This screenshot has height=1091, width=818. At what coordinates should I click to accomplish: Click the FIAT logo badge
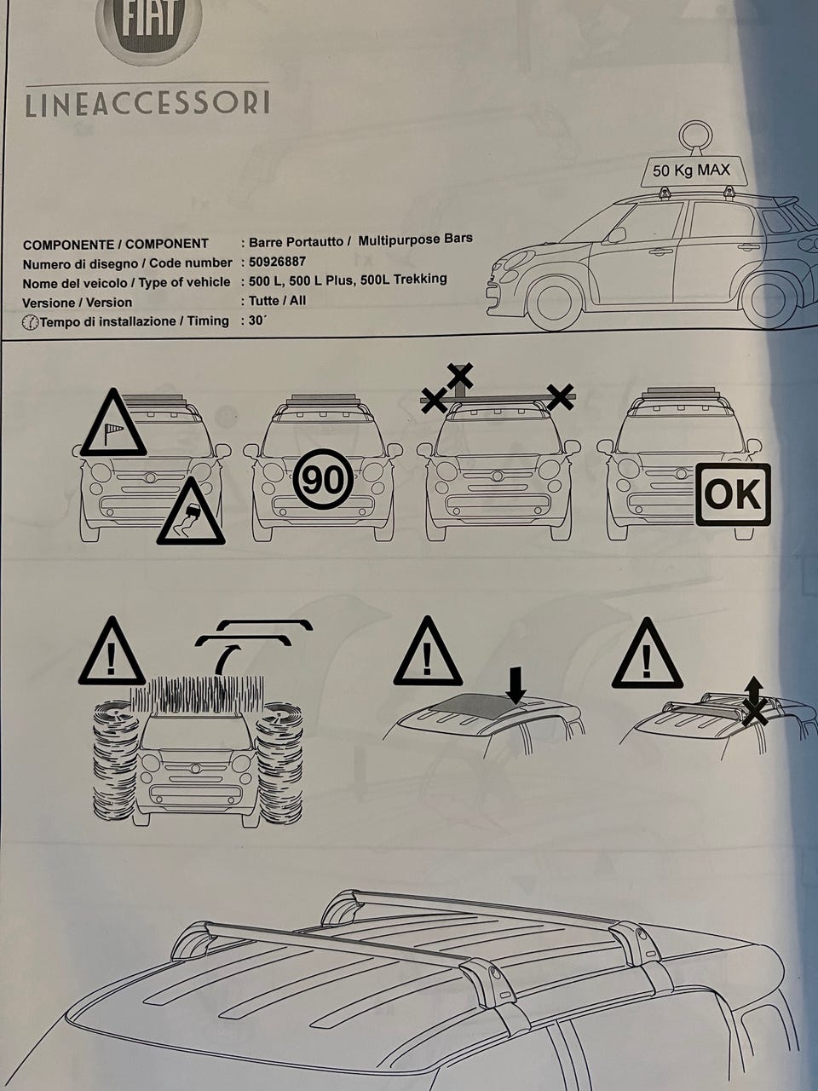(148, 27)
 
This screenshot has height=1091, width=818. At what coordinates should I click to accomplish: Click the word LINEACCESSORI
(147, 102)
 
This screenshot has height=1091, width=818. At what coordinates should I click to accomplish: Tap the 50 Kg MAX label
(691, 170)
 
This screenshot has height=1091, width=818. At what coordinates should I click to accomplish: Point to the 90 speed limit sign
(323, 480)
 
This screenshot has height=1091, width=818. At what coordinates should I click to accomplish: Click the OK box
(733, 494)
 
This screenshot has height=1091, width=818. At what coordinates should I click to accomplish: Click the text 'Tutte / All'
(277, 301)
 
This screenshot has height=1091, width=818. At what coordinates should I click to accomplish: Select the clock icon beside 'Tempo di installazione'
(30, 323)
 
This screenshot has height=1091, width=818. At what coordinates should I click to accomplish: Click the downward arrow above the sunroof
(516, 685)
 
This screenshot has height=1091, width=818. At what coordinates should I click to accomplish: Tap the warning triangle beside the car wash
(112, 650)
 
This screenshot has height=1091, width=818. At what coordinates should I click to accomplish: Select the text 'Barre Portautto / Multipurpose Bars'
(360, 240)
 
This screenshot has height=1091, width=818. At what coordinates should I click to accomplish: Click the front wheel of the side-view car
(554, 303)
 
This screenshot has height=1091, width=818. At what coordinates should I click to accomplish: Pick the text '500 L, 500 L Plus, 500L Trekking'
(348, 280)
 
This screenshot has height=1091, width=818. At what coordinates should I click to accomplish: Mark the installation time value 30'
(257, 320)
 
